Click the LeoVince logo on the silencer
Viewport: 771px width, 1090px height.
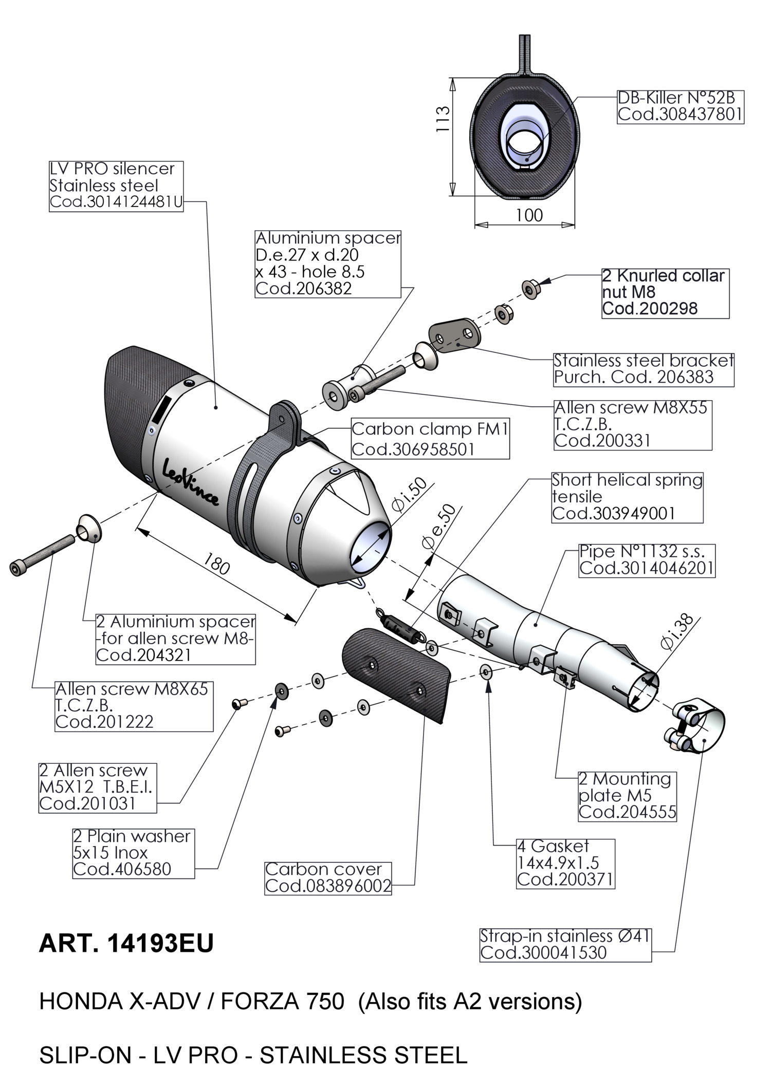[191, 481]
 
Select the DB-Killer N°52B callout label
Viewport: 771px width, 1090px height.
[681, 106]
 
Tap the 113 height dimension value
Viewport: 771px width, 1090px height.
[443, 119]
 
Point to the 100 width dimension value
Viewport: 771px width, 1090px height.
[529, 215]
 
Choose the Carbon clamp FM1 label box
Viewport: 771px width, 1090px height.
[430, 439]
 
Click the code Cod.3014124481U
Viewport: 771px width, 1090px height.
[116, 202]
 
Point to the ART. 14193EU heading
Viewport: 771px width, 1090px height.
[126, 944]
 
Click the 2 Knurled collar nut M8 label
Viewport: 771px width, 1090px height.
[665, 293]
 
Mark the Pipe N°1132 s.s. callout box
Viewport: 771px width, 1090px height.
[647, 560]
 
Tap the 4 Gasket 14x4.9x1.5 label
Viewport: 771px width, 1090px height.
[565, 863]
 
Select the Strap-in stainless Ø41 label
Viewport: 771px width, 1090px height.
[565, 945]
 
